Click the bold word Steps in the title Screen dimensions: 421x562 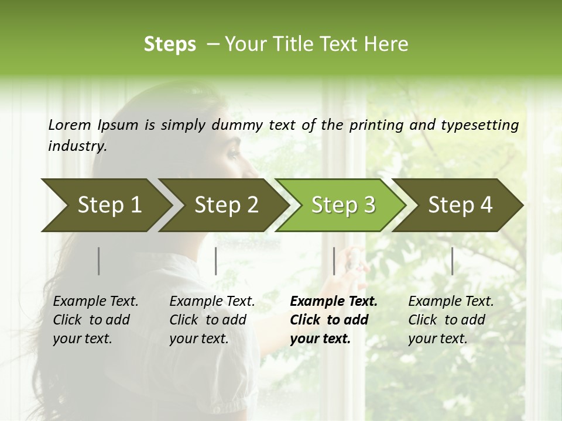coord(170,44)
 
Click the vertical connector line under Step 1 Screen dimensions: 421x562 coord(99,261)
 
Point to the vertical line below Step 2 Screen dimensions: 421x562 coord(216,261)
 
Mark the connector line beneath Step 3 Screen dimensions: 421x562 coord(334,261)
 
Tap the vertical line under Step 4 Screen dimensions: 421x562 coord(452,261)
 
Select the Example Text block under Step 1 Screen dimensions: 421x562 coord(95,320)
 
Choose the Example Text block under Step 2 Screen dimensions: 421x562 coord(212,320)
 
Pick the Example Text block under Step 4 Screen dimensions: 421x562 coord(451,320)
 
